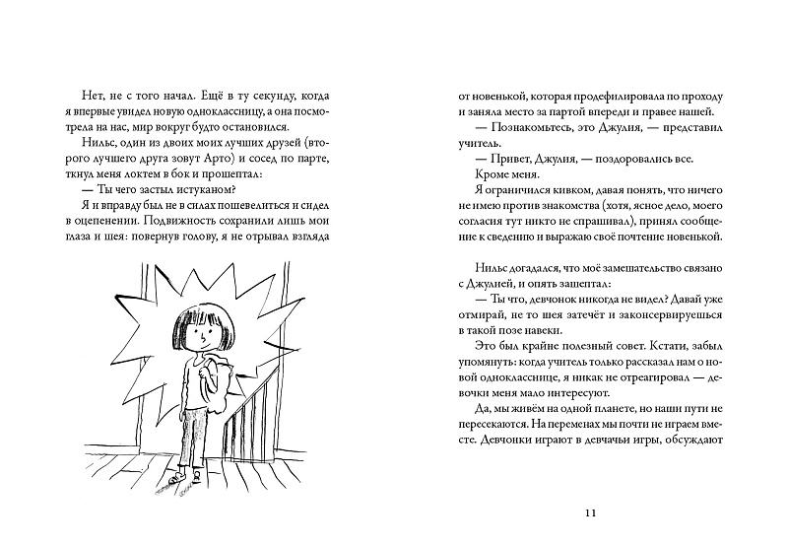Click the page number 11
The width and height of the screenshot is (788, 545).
click(591, 512)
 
